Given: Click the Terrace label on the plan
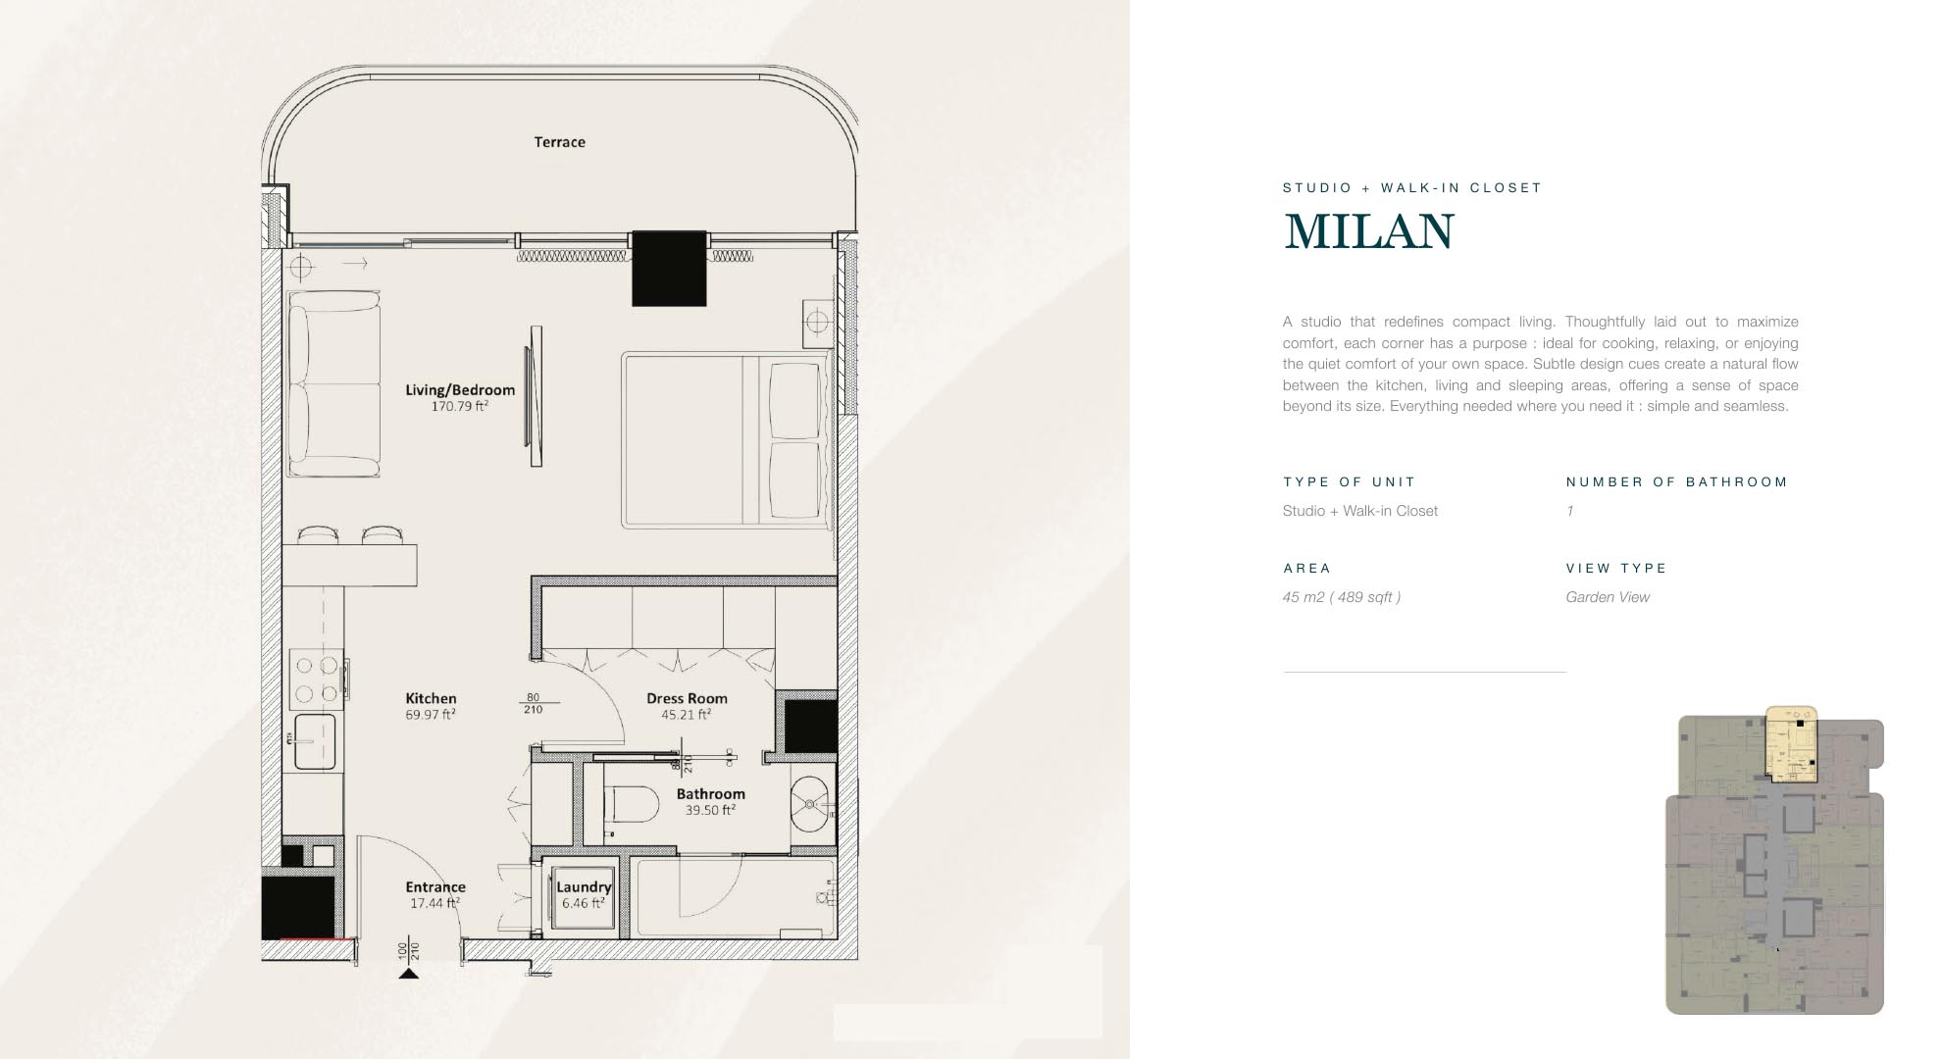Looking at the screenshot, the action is pos(559,142).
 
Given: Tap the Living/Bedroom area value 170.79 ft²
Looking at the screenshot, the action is pos(459,406).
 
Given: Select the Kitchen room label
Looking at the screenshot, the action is pos(431,698).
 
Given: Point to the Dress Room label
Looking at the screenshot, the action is pos(687,698).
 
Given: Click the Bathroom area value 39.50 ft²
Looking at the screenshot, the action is pos(710,810).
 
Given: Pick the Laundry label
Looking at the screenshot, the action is pos(584,886).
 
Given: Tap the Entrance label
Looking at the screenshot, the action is pos(435,886).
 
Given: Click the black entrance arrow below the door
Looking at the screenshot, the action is pos(409,973).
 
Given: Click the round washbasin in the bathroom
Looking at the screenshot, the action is pos(811,804).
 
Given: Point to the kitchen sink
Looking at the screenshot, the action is pos(315,741).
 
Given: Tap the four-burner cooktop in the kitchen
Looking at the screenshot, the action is pos(318,679).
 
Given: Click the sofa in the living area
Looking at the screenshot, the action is pos(333,383).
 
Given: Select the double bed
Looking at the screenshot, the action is pos(726,440).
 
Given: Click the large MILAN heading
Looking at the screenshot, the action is pos(1369,231).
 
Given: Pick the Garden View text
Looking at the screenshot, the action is pos(1608,597).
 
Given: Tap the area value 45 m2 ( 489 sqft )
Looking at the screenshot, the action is pos(1342,597).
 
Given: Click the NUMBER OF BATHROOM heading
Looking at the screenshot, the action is pos(1677,481).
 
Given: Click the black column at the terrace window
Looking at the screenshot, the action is pos(669,269).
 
